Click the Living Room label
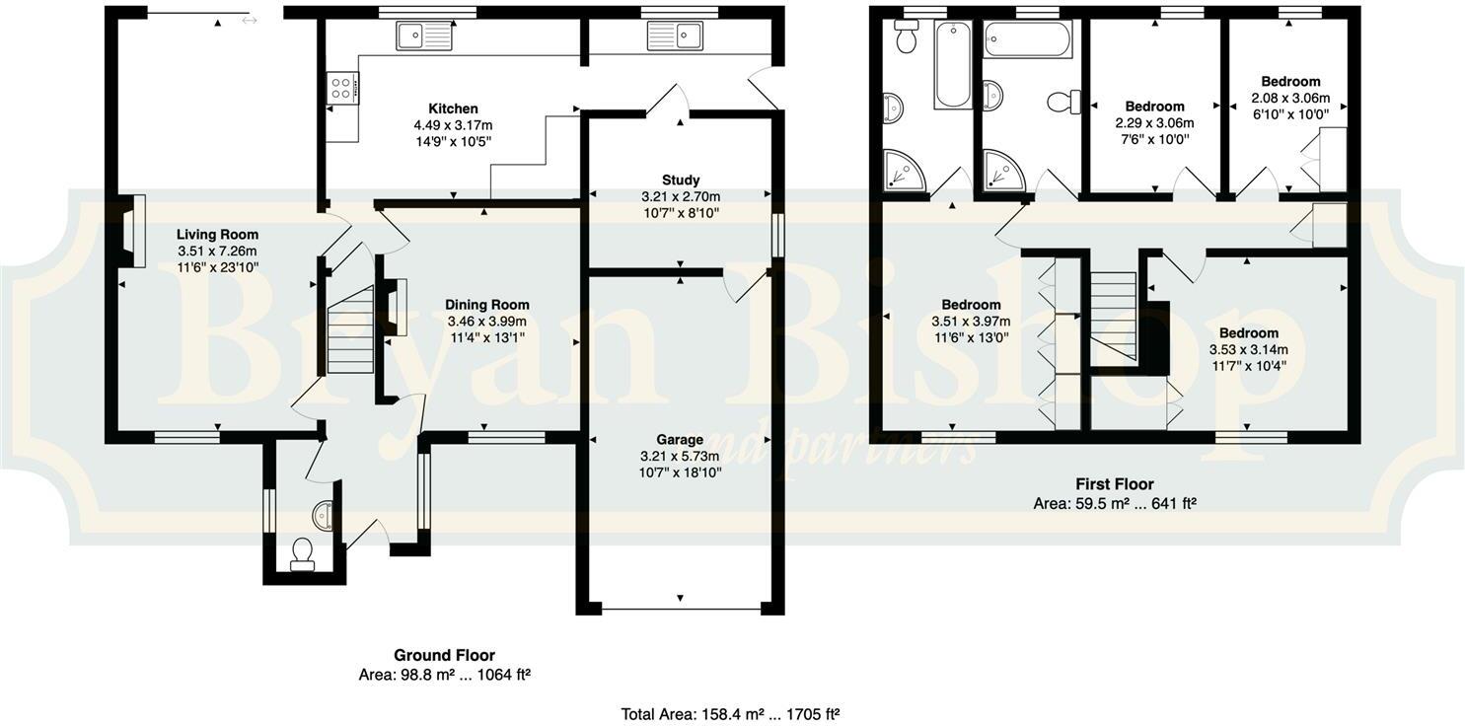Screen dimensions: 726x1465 click(217, 235)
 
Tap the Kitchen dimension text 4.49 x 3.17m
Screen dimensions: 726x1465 click(453, 125)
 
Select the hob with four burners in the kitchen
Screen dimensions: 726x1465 click(343, 88)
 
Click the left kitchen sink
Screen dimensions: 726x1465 click(424, 36)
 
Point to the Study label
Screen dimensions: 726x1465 click(680, 181)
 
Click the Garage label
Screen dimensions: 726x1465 click(680, 439)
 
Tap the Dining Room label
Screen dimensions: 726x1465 click(486, 305)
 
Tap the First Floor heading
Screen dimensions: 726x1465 click(1114, 484)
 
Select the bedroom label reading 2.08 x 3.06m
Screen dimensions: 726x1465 click(1289, 98)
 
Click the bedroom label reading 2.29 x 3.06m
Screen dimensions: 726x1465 click(1153, 123)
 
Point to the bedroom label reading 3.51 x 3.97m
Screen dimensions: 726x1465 click(971, 321)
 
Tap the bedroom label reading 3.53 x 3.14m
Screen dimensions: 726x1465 click(1248, 349)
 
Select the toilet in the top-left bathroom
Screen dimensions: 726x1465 click(906, 36)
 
